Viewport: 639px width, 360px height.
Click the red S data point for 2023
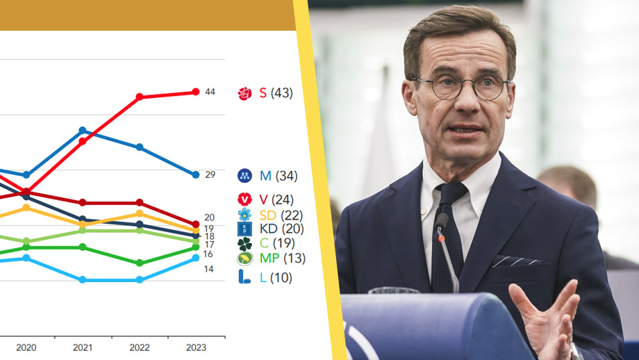pos(196,92)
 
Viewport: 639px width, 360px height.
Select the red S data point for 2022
pos(140,97)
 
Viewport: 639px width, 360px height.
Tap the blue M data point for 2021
pos(83,130)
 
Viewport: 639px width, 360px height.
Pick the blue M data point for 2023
pos(196,174)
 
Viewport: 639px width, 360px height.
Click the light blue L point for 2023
pos(196,258)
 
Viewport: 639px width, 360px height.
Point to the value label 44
pos(210,92)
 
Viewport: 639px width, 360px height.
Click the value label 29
pos(210,175)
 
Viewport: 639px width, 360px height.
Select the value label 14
pos(208,269)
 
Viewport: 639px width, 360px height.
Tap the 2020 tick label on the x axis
pos(26,347)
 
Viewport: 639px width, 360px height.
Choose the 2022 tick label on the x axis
pos(140,347)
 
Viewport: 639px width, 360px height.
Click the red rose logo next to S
pos(244,93)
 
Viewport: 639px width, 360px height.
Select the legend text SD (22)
pos(276,215)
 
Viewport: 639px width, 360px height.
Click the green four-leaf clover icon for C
pos(244,244)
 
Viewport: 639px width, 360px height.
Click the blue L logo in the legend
pos(244,277)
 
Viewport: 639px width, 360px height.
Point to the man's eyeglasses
pos(461,87)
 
